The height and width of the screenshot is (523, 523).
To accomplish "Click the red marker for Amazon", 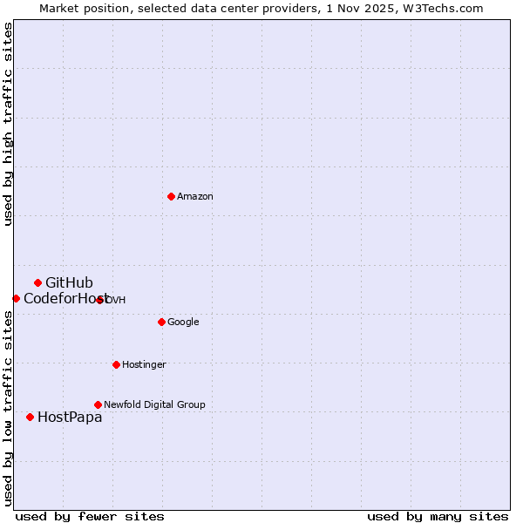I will click(171, 196).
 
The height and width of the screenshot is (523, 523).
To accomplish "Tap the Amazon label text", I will click(195, 197).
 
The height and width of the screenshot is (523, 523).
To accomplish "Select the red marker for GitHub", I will click(37, 282).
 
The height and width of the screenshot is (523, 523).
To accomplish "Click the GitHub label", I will click(69, 282).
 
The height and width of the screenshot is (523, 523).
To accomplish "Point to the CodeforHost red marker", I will click(16, 298).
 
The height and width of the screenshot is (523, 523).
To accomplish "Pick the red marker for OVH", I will click(100, 300).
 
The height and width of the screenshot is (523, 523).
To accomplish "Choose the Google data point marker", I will click(161, 322).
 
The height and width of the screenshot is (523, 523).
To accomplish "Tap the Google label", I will click(183, 323).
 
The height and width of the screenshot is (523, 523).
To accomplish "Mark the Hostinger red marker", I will click(116, 364).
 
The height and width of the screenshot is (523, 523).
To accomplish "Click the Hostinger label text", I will click(144, 365).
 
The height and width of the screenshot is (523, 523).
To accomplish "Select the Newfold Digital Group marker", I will click(98, 404).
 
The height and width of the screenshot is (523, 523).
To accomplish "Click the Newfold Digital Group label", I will click(154, 405).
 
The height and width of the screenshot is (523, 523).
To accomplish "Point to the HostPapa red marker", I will click(30, 417).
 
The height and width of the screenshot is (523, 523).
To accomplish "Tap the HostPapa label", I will click(70, 418).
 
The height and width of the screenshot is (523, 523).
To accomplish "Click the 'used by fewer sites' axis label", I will click(90, 516).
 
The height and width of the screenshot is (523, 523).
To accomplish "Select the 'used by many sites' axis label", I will click(438, 516).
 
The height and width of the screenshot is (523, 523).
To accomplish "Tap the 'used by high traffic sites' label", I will click(8, 124).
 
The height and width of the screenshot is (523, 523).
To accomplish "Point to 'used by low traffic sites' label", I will click(8, 408).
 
